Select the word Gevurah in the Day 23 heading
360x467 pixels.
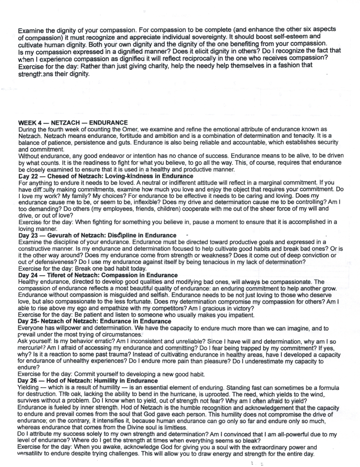tap(60, 235)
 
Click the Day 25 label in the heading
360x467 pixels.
tap(30, 321)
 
